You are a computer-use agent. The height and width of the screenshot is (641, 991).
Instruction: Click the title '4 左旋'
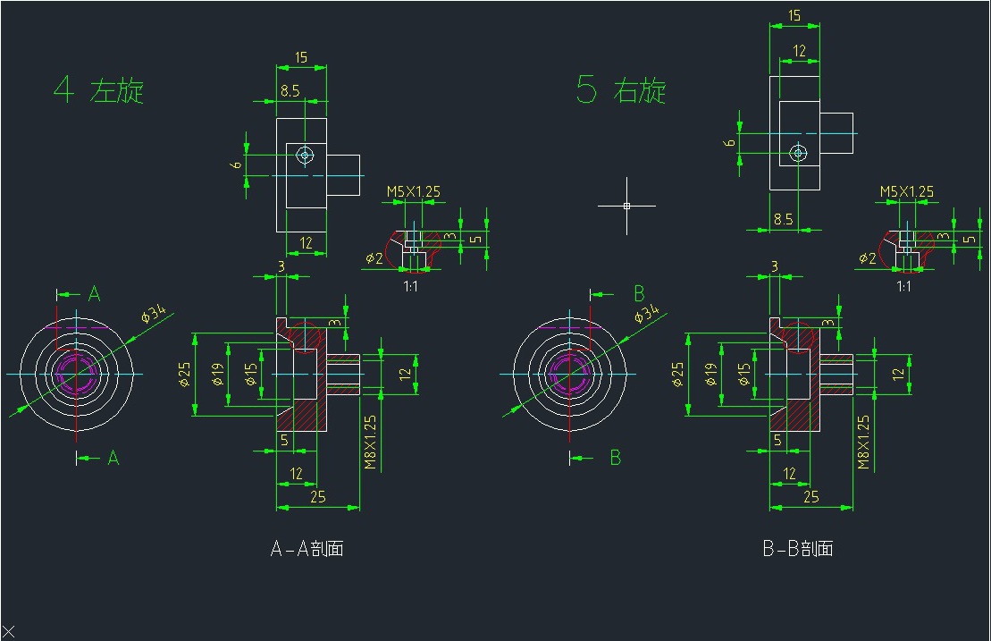[98, 89]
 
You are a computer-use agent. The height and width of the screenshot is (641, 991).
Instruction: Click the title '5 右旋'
[621, 89]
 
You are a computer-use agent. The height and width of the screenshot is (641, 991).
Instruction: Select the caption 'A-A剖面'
[307, 548]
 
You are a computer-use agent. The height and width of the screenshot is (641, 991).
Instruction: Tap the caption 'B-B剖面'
[798, 548]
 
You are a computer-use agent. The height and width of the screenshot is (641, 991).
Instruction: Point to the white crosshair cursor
[626, 206]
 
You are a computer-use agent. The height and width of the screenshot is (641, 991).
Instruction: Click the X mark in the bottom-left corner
[8, 631]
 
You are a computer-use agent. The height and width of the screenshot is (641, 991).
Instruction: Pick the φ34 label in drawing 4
[153, 313]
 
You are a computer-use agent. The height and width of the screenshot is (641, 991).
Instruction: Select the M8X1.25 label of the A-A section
[370, 443]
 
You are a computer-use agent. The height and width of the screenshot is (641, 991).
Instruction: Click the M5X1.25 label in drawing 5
[906, 191]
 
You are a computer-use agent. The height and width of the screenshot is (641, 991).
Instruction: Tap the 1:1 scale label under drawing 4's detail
[410, 286]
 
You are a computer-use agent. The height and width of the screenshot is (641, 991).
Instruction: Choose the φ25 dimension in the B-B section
[677, 375]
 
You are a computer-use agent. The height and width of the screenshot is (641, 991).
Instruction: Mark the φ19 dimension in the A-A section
[217, 375]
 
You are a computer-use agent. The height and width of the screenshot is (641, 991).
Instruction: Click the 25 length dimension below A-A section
[318, 497]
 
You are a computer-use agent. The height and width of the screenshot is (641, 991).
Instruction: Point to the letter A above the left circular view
[94, 293]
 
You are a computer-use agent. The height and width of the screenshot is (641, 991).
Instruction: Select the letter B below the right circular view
[615, 457]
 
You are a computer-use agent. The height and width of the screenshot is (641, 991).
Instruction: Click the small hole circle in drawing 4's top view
[306, 155]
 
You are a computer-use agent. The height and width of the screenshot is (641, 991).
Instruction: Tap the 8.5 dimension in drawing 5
[783, 219]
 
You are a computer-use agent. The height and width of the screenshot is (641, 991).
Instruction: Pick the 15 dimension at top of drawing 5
[794, 15]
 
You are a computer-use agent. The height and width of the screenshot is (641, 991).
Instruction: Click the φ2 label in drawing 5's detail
[867, 257]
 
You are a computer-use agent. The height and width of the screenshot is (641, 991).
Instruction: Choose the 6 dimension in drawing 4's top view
[236, 164]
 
